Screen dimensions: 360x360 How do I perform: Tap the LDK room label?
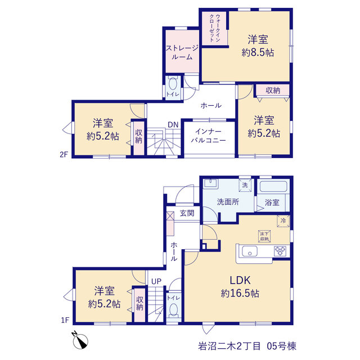pyautogui.click(x=240, y=280)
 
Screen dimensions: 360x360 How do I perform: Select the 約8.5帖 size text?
pyautogui.click(x=258, y=53)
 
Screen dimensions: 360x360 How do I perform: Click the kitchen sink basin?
pyautogui.click(x=250, y=251)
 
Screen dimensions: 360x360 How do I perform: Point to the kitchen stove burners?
pyautogui.click(x=280, y=251)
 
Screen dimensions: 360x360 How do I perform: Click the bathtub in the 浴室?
pyautogui.click(x=273, y=186)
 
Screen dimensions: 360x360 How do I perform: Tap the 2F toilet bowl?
pyautogui.click(x=173, y=84)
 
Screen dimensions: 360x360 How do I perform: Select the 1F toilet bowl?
pyautogui.click(x=173, y=310)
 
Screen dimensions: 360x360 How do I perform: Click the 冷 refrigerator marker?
pyautogui.click(x=283, y=221)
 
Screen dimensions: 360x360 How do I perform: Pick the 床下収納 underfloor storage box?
pyautogui.click(x=264, y=236)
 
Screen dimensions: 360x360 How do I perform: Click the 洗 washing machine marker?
pyautogui.click(x=245, y=185)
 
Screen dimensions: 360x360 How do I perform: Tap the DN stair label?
pyautogui.click(x=173, y=125)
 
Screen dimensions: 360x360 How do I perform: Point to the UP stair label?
pyautogui.click(x=156, y=281)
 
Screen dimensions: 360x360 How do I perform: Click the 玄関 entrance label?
pyautogui.click(x=187, y=213)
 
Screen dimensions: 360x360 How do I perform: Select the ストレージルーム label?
pyautogui.click(x=182, y=52)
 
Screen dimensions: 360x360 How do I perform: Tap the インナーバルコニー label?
pyautogui.click(x=209, y=136)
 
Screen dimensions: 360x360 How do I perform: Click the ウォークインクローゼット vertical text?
pyautogui.click(x=215, y=28)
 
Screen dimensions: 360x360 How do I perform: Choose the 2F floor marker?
pyautogui.click(x=64, y=155)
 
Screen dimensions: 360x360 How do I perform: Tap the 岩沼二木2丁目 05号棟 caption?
pyautogui.click(x=247, y=346)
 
